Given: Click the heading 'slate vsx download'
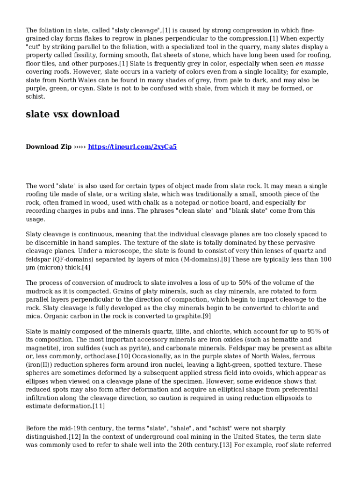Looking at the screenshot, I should click(x=72, y=114).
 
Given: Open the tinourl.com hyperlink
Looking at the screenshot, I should click(x=132, y=147).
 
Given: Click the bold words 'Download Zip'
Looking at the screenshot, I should click(x=49, y=147).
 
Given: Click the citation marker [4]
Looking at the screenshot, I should click(x=86, y=268).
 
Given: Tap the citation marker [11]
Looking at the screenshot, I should click(x=98, y=406).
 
